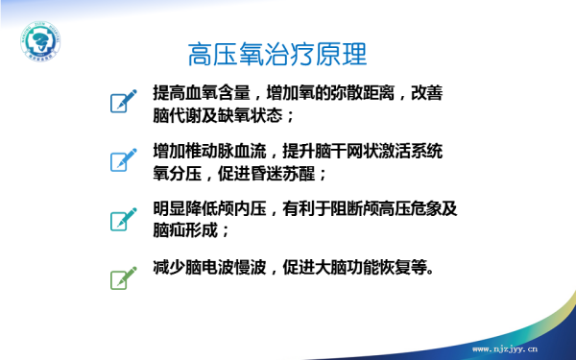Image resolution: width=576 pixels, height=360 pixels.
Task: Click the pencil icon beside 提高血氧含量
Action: point(122,99)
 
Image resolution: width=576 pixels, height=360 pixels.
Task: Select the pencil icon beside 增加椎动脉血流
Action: point(122,158)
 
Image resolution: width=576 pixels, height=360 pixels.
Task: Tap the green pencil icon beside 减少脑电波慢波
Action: point(122,276)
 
